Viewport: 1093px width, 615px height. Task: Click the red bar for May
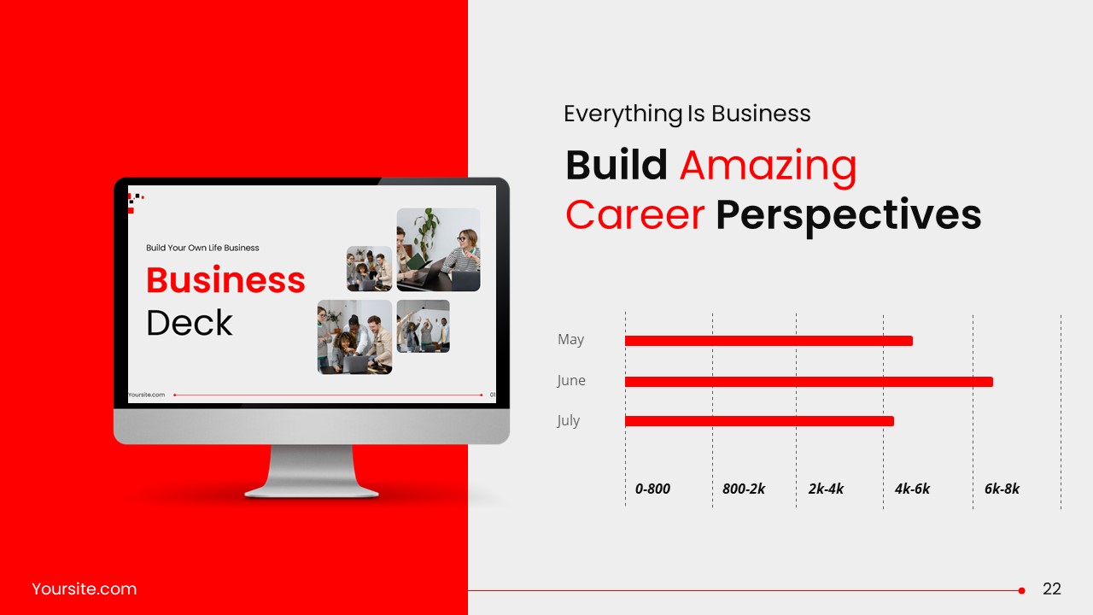(769, 341)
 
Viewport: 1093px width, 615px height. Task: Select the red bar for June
(809, 382)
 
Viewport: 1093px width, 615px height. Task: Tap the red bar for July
(759, 421)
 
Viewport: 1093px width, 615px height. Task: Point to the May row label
(570, 340)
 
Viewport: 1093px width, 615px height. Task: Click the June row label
(571, 380)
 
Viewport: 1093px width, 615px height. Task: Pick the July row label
(568, 420)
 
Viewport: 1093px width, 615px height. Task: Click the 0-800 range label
(652, 489)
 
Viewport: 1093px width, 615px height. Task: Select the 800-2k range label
(743, 489)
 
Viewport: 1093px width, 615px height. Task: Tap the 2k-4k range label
(826, 489)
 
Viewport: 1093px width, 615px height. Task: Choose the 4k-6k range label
(912, 489)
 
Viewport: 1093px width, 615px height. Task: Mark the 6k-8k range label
(1002, 489)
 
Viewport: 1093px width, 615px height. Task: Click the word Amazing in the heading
(768, 166)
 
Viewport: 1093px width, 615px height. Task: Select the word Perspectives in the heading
(848, 215)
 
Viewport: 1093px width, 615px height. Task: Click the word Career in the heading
(634, 215)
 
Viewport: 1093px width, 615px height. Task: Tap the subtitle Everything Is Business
(687, 114)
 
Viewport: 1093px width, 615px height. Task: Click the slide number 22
(1052, 589)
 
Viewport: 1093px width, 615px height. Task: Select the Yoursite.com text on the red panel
(84, 589)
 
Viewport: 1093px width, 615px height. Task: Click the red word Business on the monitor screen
(225, 280)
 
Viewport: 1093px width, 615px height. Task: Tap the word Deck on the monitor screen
(189, 323)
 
